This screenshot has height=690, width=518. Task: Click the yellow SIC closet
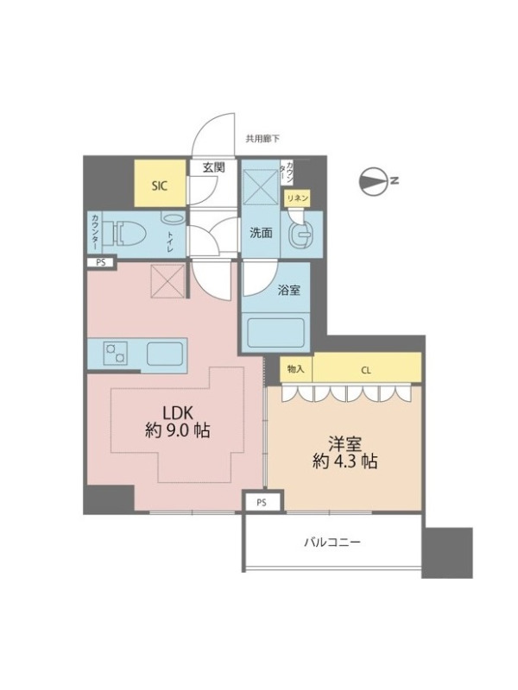[160, 183]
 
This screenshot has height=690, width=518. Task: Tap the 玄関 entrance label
[214, 167]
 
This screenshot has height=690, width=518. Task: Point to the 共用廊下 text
[262, 139]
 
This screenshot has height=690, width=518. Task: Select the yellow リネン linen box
[297, 198]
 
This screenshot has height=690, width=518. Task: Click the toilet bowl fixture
[131, 232]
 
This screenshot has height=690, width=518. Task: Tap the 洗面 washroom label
[261, 233]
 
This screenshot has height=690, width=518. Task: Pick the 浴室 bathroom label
[289, 290]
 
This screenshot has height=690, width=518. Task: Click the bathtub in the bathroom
[276, 332]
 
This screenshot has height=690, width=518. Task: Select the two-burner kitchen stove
[116, 353]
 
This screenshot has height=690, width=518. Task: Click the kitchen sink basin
[165, 354]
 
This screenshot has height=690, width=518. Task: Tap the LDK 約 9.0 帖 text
[178, 422]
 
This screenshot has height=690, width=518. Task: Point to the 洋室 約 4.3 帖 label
[344, 452]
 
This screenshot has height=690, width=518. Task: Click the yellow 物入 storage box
[296, 369]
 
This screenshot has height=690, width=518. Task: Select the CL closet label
[365, 371]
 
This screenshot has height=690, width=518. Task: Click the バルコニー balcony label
[332, 542]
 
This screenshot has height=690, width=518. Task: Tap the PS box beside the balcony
[262, 502]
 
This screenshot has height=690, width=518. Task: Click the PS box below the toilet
[101, 263]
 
